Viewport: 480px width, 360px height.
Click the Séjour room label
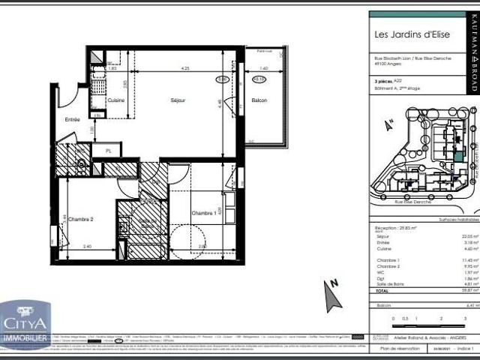[x=178, y=100]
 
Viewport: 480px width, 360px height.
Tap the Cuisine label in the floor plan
[x=115, y=100]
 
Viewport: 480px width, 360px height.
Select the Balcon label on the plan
[x=259, y=100]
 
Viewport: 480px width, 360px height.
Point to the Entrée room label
[x=72, y=119]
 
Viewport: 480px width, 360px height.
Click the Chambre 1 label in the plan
[x=202, y=193]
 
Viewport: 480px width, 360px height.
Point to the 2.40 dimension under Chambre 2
[x=87, y=246]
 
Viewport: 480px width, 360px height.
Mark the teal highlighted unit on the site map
[x=439, y=157]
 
